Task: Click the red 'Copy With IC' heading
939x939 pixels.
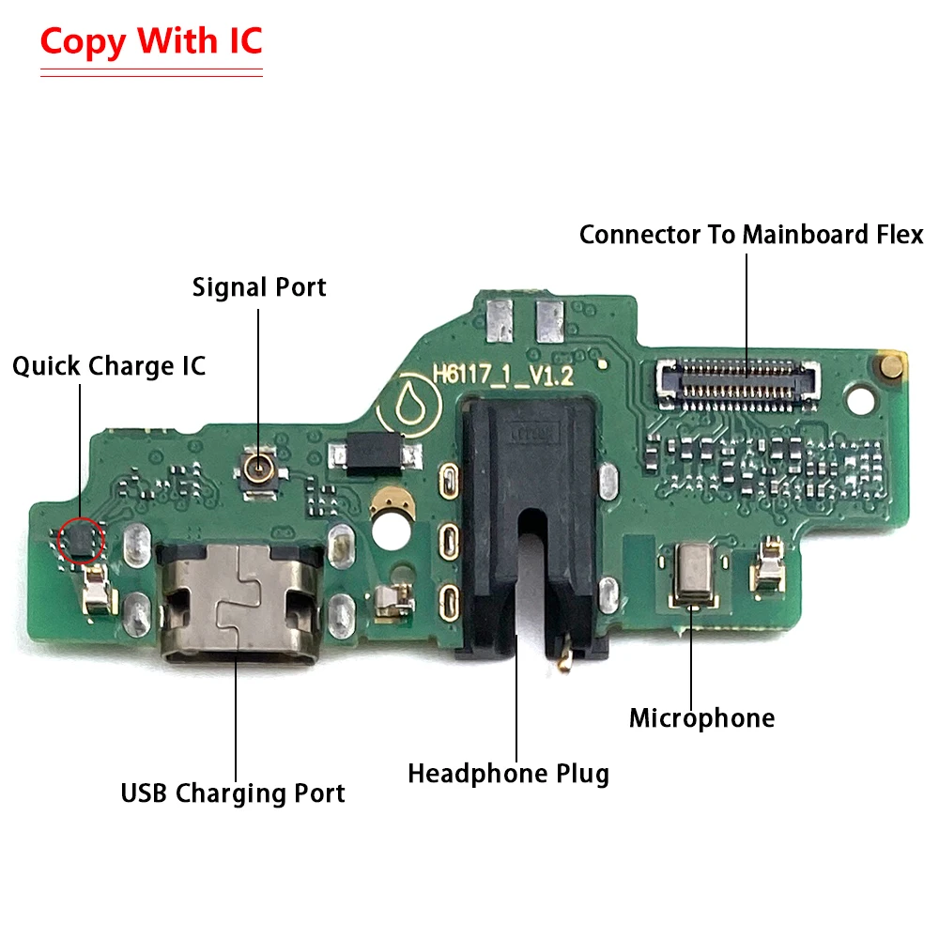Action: click(151, 41)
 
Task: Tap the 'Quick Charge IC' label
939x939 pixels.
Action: click(109, 366)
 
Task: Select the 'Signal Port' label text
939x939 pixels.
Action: click(259, 286)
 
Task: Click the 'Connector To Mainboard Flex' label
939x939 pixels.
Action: click(751, 235)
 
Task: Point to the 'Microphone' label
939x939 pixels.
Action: click(701, 719)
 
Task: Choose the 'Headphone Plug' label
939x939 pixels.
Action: click(508, 774)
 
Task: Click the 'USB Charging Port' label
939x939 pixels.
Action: click(233, 793)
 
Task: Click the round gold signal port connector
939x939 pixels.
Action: click(259, 465)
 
